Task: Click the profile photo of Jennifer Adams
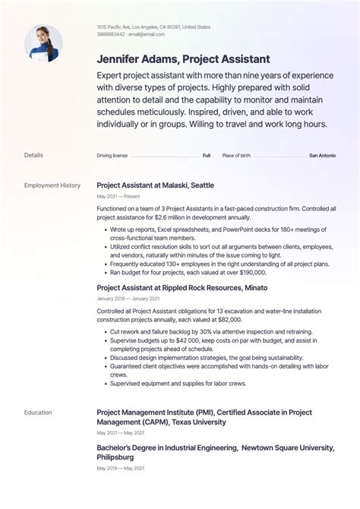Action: (x=43, y=43)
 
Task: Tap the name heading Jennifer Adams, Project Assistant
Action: (x=183, y=59)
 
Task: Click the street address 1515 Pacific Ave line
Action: (x=153, y=27)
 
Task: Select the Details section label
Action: (x=33, y=155)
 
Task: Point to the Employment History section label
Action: (x=52, y=185)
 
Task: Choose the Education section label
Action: (x=38, y=413)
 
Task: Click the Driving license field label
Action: (x=112, y=155)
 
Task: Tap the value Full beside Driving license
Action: (x=206, y=155)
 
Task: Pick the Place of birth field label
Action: (x=236, y=155)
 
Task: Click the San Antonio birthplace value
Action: (x=322, y=155)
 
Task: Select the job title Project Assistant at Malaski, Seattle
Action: (x=155, y=185)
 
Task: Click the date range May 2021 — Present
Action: (x=118, y=197)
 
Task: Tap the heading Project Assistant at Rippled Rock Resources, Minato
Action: (x=182, y=288)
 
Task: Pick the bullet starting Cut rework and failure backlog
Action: (x=201, y=332)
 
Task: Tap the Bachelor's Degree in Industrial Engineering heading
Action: (x=205, y=453)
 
